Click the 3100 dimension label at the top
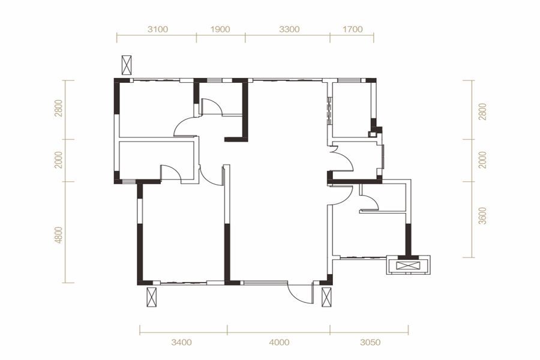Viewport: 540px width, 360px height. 158,29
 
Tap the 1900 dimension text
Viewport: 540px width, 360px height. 220,29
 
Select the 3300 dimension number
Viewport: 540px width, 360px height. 289,29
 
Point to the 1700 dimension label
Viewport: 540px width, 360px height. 353,29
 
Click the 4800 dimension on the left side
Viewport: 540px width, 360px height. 59,235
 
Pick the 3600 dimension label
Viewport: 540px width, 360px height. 483,216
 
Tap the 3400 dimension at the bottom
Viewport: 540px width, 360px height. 181,343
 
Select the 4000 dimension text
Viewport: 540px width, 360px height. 279,343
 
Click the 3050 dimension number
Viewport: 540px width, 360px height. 371,343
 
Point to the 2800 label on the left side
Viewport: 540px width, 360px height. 59,108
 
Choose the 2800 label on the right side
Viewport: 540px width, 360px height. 483,112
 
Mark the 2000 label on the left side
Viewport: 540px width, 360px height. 59,160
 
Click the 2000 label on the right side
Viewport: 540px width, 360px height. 483,160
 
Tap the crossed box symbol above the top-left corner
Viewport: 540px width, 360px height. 127,65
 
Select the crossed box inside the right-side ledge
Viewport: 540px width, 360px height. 408,266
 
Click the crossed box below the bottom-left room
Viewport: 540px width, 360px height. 152,297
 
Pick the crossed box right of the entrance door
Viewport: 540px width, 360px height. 326,297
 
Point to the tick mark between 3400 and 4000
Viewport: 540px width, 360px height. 227,330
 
